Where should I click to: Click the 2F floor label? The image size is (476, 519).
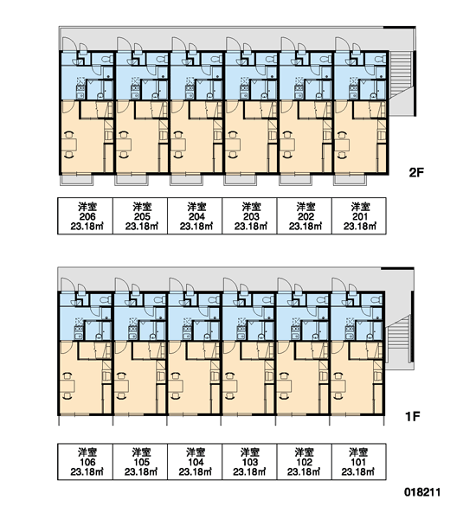[x=416, y=172]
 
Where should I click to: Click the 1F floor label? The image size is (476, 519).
[x=413, y=416]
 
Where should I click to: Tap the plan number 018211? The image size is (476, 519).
[x=422, y=492]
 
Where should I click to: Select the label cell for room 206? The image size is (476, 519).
[x=85, y=216]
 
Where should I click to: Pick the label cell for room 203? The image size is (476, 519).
[x=249, y=216]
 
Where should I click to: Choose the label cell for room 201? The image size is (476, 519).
[x=359, y=216]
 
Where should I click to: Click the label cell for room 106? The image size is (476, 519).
[x=85, y=462]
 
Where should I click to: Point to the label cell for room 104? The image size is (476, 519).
[x=195, y=462]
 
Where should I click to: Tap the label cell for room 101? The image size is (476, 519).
[x=359, y=462]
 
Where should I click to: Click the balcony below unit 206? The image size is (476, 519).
[x=77, y=180]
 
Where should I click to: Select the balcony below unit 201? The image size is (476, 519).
[x=350, y=180]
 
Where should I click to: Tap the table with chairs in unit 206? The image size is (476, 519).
[x=69, y=145]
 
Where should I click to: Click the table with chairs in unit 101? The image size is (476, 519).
[x=338, y=386]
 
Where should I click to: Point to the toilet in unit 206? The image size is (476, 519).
[x=106, y=59]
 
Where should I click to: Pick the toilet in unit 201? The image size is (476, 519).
[x=380, y=59]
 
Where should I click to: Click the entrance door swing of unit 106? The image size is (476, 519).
[x=68, y=285]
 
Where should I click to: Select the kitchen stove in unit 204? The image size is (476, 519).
[x=190, y=88]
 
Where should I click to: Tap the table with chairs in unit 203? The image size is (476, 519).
[x=233, y=145]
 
